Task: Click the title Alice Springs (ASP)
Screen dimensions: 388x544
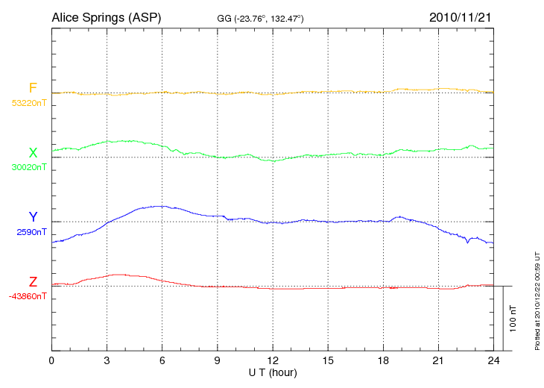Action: point(106,16)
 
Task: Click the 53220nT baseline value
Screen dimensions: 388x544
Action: point(29,103)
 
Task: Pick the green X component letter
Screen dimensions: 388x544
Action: point(33,153)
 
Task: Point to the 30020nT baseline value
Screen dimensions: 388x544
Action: point(29,167)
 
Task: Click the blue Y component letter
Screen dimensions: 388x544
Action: point(33,217)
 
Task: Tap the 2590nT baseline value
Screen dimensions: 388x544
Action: point(31,232)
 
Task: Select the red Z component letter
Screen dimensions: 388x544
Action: point(33,282)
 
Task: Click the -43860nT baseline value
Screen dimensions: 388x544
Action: point(29,296)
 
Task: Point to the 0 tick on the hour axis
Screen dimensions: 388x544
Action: point(51,360)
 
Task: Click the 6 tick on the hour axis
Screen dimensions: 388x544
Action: point(162,360)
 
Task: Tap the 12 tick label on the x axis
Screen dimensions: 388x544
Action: point(273,360)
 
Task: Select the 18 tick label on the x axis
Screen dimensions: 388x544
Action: point(383,360)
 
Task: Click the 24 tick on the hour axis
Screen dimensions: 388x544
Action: point(493,360)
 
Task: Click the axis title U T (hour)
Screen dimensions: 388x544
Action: point(273,372)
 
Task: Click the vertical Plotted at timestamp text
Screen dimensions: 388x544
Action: point(537,298)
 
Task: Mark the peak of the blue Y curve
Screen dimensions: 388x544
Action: point(158,206)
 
